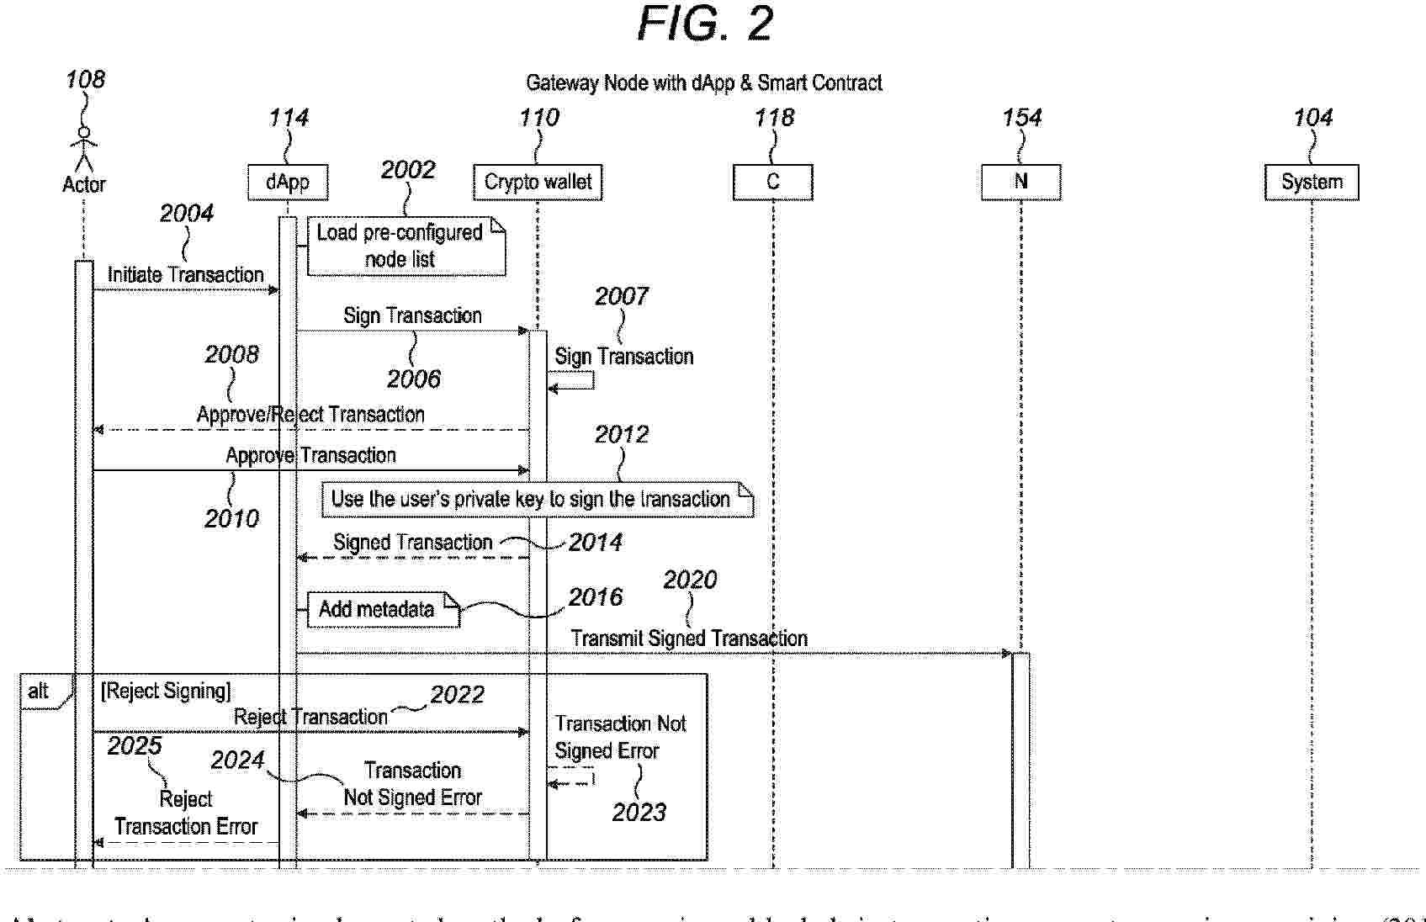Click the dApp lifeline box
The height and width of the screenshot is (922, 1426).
[x=288, y=183]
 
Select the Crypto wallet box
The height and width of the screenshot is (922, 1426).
[x=538, y=183]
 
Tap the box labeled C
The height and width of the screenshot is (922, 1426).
[x=772, y=183]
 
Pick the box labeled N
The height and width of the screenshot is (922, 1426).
[x=1020, y=183]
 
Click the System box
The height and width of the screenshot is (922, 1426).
[x=1312, y=183]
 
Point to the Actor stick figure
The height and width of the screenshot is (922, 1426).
[x=84, y=150]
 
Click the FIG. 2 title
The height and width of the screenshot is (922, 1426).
[x=705, y=24]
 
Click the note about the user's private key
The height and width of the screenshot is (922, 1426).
[x=537, y=499]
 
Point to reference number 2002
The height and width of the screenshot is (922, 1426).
[x=408, y=170]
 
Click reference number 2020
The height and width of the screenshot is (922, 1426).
[x=690, y=580]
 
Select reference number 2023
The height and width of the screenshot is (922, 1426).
[x=639, y=812]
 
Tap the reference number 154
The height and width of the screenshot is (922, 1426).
[x=1021, y=118]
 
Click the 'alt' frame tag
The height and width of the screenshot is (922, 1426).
[x=39, y=691]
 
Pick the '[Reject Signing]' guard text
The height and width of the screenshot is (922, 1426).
[x=166, y=691]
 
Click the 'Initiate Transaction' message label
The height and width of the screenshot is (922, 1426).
[x=185, y=275]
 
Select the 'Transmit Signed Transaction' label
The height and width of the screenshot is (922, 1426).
[x=689, y=639]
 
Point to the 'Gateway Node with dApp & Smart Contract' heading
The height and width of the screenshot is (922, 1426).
[x=704, y=83]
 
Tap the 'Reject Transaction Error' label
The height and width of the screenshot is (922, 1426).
[x=186, y=813]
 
